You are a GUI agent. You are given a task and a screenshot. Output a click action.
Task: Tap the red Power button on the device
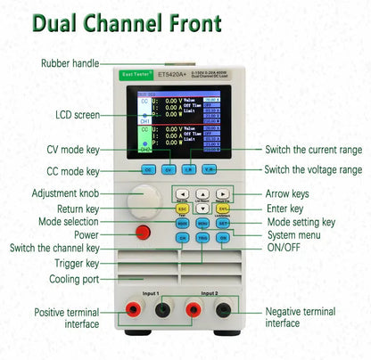point(142,233)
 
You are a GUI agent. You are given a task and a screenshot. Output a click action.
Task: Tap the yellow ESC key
point(182,209)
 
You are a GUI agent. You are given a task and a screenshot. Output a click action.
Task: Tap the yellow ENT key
point(223,209)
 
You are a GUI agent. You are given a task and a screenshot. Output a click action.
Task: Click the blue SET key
point(223,223)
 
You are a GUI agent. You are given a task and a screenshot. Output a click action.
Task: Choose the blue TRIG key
point(202,238)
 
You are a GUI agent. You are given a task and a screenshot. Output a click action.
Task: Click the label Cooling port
point(75,279)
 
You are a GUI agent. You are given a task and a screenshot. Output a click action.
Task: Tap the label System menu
point(295,235)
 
